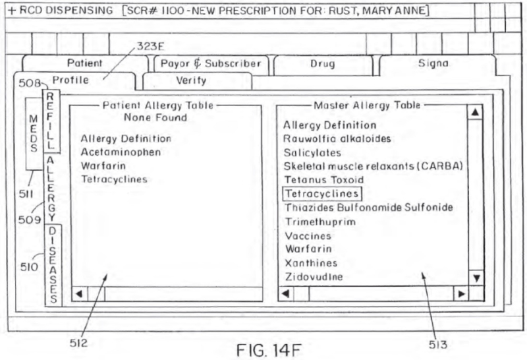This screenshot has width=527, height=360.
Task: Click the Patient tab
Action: pos(84,64)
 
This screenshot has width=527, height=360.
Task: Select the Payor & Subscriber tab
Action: pos(211,64)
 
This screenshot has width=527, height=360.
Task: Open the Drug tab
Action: pos(322,64)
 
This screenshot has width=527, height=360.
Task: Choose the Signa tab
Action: pos(433,64)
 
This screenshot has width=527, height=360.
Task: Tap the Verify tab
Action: pos(191,81)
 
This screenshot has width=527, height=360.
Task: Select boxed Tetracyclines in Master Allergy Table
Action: pos(321,194)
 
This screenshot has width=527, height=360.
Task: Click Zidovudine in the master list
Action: pos(314,277)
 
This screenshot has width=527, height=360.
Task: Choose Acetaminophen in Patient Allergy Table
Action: pos(111,152)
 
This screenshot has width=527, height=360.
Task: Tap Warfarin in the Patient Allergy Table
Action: pos(99,165)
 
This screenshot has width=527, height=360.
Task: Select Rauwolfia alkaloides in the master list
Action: pos(337,138)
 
